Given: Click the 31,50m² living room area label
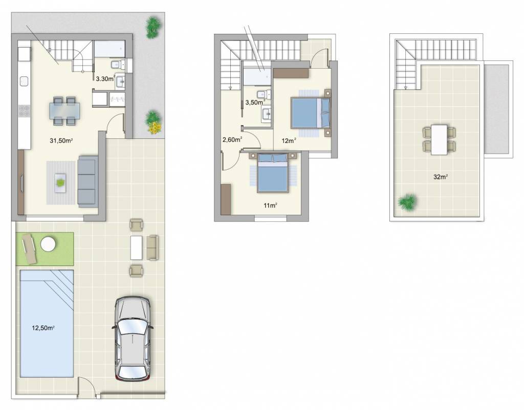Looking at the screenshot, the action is (x=61, y=140).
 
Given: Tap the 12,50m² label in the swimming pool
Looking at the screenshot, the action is (x=43, y=328).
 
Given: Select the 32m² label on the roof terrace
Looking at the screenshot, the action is (x=441, y=177).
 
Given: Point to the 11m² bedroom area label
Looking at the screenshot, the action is (x=271, y=205).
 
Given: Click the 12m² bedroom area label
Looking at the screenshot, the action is (x=289, y=140).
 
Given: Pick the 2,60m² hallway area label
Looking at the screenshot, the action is (x=232, y=139).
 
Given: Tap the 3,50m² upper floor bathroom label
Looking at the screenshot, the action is (x=255, y=102).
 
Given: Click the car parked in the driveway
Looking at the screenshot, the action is (x=133, y=339).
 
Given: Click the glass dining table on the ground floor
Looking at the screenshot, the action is (x=65, y=111).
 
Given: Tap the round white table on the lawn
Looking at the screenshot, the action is (x=48, y=243).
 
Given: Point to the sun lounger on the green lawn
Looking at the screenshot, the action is (x=29, y=248).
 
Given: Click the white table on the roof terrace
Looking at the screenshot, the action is (x=439, y=139).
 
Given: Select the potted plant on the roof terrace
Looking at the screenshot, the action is (x=407, y=202).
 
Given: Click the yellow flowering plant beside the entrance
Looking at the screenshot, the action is (x=155, y=128).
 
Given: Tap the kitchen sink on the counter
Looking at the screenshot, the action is (x=24, y=81).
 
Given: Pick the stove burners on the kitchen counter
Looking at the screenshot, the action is (x=24, y=111).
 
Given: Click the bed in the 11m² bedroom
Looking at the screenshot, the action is (x=273, y=173).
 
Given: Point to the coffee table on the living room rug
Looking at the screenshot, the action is (x=61, y=183).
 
